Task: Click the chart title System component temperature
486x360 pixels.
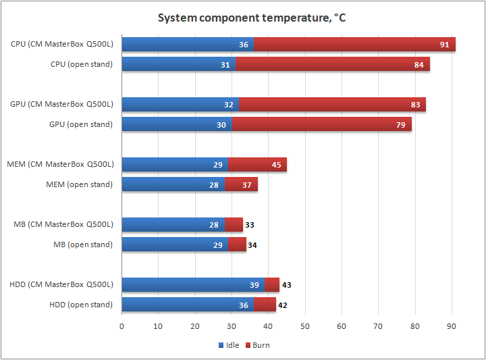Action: click(x=252, y=18)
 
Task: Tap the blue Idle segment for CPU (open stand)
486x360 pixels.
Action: click(x=179, y=65)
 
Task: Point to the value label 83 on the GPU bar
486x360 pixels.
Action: click(x=415, y=105)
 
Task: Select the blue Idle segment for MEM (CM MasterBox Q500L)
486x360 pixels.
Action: click(x=175, y=164)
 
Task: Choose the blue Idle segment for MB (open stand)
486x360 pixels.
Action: click(x=175, y=245)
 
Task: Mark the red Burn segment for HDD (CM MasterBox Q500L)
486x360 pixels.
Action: click(x=272, y=284)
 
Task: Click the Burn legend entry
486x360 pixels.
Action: click(x=257, y=345)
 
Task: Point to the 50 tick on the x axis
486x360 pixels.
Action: click(x=305, y=327)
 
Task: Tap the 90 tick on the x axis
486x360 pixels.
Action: click(x=452, y=327)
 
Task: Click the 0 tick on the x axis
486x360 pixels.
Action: click(x=122, y=327)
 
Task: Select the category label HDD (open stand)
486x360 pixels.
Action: click(x=81, y=305)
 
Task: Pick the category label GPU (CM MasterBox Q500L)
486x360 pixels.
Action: click(x=62, y=105)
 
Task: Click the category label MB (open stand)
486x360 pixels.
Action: click(x=83, y=245)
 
